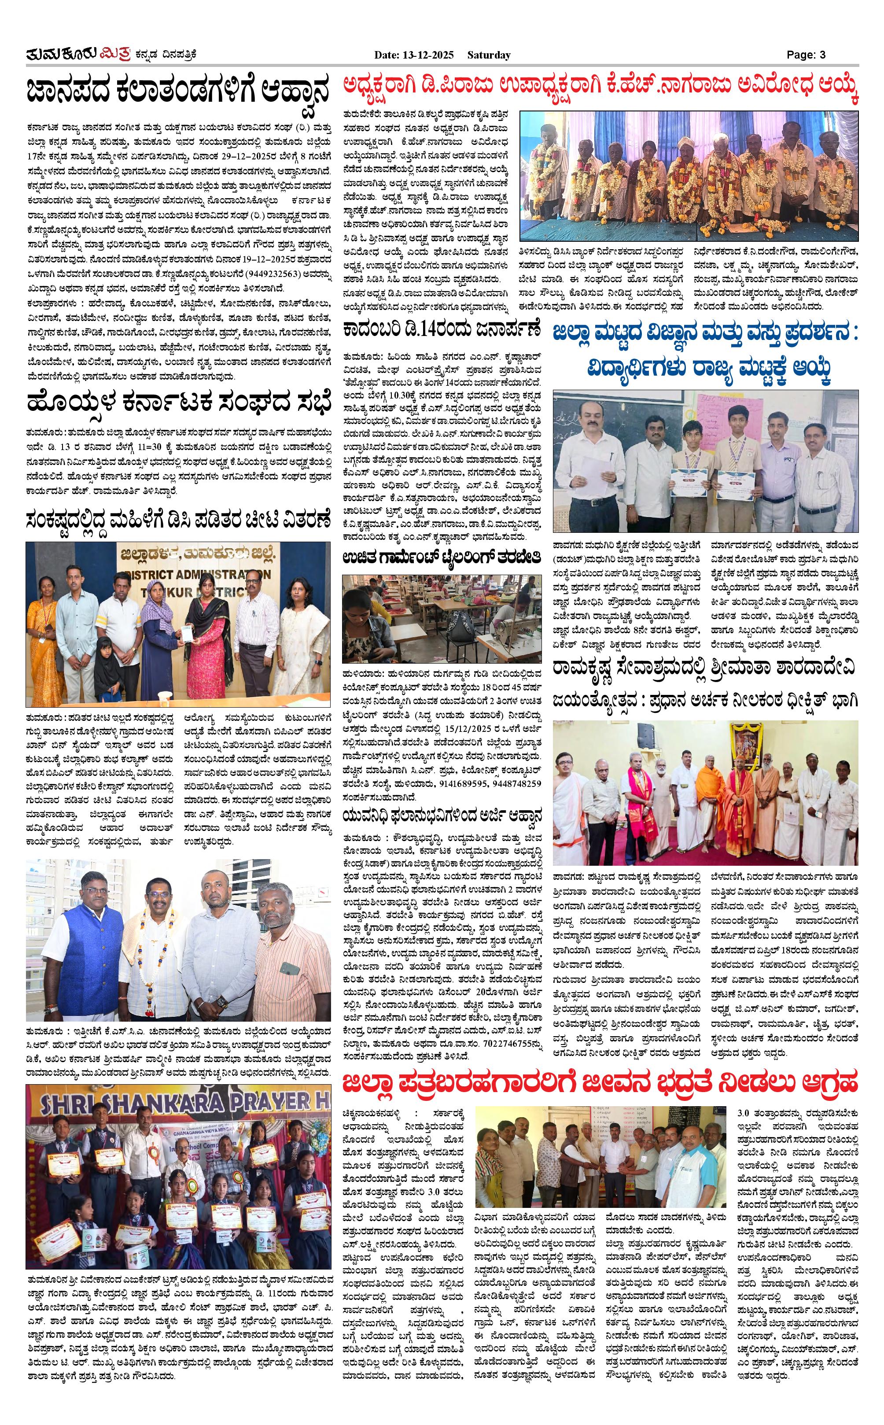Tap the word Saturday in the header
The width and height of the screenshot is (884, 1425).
(489, 55)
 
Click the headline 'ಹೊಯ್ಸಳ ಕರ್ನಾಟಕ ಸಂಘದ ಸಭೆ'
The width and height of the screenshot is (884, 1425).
(179, 403)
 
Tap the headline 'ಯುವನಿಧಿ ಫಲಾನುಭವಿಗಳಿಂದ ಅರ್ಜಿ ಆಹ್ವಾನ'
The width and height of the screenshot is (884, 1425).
(442, 815)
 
